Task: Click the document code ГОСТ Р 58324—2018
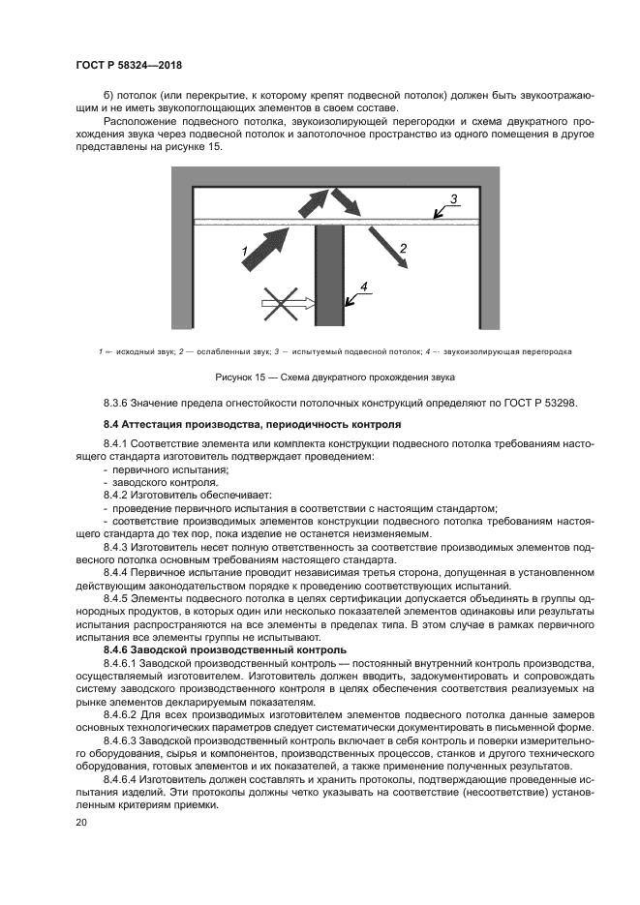tap(129, 65)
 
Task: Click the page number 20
tap(81, 822)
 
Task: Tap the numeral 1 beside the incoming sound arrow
tap(246, 252)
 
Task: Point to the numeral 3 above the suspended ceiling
tap(453, 199)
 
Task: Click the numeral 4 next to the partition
tap(363, 286)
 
